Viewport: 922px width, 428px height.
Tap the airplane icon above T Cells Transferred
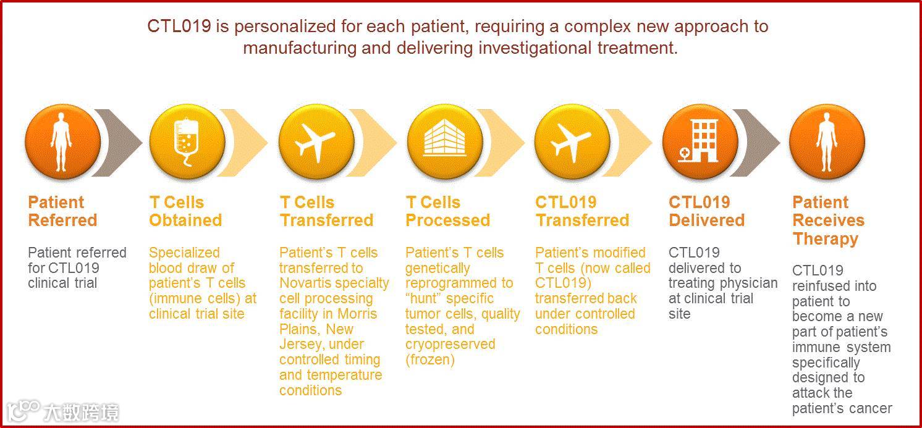click(x=315, y=143)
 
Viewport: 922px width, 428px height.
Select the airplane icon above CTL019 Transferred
click(x=571, y=143)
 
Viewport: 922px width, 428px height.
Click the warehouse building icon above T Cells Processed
click(x=444, y=138)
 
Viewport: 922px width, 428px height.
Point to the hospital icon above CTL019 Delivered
click(x=698, y=141)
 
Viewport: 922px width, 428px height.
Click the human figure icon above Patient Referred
click(x=61, y=142)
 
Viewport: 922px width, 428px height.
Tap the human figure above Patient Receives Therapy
click(x=826, y=142)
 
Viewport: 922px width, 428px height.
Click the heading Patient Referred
click(x=62, y=211)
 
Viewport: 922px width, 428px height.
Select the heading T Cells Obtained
click(x=185, y=211)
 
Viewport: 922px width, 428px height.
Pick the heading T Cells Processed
click(x=448, y=211)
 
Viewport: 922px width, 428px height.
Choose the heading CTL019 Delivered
click(x=707, y=211)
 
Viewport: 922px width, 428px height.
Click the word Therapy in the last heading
click(x=826, y=239)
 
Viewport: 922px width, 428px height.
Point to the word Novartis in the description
click(x=305, y=283)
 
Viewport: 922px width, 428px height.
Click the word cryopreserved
click(x=450, y=345)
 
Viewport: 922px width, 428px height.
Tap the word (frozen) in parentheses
click(x=430, y=359)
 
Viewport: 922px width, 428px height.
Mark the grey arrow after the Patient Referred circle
click(x=117, y=143)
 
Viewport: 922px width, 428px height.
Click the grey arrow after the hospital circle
click(x=756, y=143)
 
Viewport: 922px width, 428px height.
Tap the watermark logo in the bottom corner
click(x=62, y=411)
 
